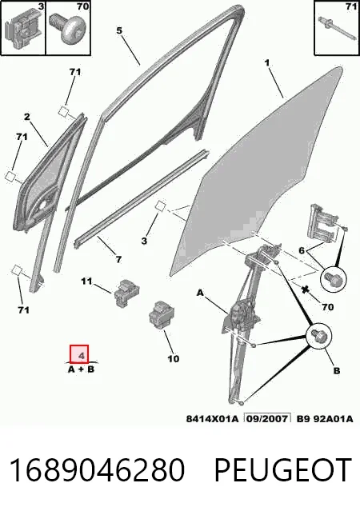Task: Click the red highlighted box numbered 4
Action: pos(79,353)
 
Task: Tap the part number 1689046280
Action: pos(97,469)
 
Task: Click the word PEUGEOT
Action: pos(282,469)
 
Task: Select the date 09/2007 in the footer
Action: pos(268,418)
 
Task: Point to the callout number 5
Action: pos(119,30)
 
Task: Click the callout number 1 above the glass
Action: pos(267,62)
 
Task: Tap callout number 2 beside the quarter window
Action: pos(27,117)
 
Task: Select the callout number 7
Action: pos(118,259)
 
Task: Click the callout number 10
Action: pos(173,359)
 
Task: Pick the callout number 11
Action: pos(86,281)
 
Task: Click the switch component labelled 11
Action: pos(126,293)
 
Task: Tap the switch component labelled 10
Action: pos(161,315)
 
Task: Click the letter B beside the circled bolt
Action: pos(337,370)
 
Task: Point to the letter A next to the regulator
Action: pos(200,293)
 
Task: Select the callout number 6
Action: pos(302,250)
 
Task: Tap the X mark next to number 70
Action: pos(305,289)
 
